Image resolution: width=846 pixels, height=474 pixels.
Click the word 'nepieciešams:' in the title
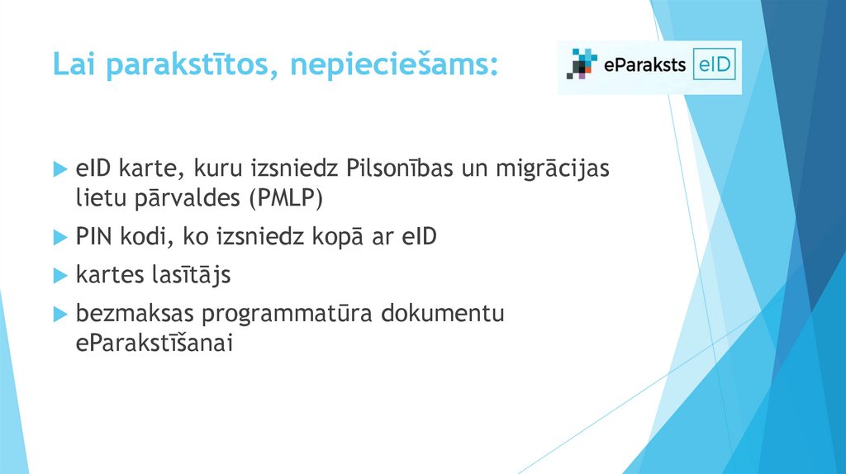[393, 64]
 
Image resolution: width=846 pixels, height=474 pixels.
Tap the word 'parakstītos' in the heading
[189, 64]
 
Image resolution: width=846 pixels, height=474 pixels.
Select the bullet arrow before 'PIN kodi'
[59, 238]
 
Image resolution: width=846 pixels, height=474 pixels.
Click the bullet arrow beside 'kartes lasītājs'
[59, 276]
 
